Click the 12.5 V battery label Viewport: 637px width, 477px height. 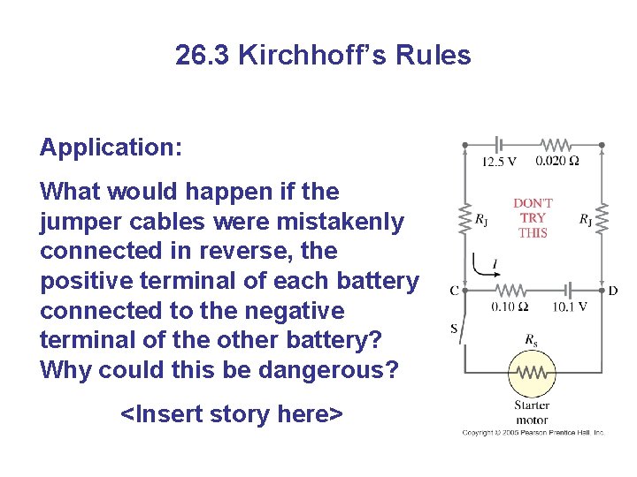tap(499, 162)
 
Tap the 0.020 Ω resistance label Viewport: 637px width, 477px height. tap(557, 162)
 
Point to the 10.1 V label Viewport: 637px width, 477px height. tap(570, 307)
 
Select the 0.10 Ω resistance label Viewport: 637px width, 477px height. tap(510, 307)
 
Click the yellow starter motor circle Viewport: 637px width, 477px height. tap(531, 375)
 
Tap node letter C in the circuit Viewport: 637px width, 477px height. tap(454, 291)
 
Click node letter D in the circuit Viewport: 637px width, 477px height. tap(613, 291)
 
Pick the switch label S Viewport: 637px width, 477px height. tap(454, 329)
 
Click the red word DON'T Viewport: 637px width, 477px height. tap(533, 203)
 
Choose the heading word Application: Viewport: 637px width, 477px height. tap(111, 147)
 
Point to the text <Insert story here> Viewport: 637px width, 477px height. tap(231, 413)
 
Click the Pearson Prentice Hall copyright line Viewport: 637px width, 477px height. tap(533, 433)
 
